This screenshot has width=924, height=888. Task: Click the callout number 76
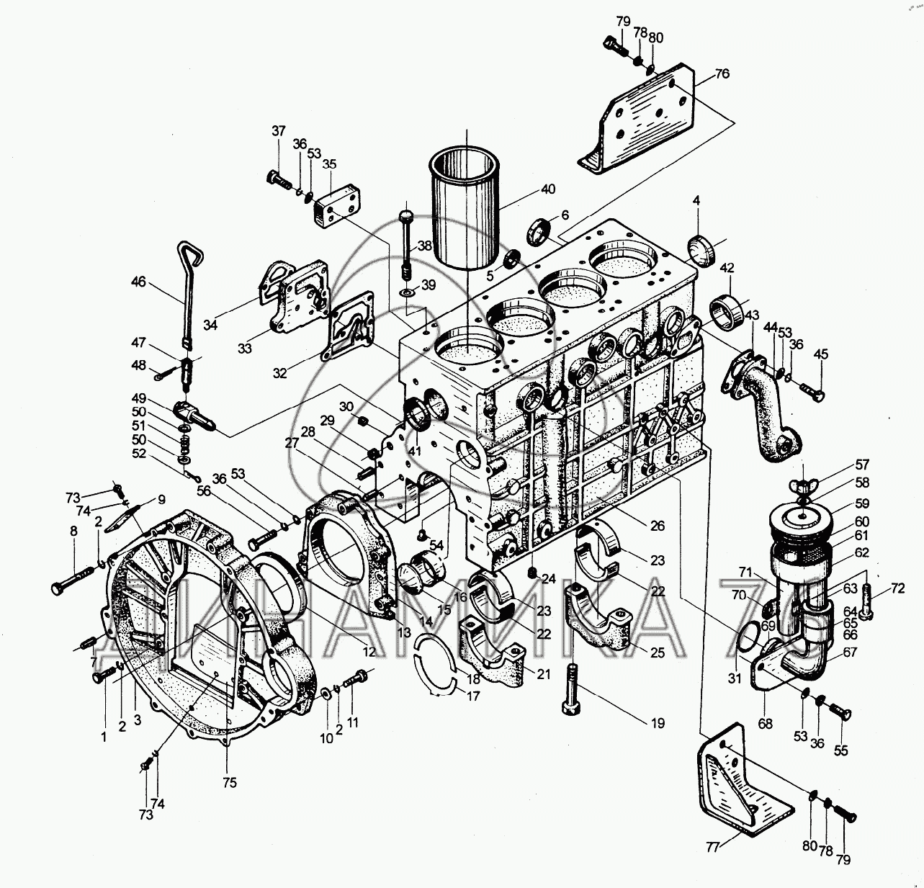click(722, 74)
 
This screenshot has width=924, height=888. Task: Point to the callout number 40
click(547, 189)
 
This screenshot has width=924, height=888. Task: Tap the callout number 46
click(139, 282)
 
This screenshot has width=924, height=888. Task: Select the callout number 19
click(658, 724)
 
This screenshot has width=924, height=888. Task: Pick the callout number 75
click(229, 783)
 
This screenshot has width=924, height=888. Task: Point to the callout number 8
click(73, 532)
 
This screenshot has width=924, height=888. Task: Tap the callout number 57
click(862, 465)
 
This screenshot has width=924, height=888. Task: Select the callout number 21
click(543, 674)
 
